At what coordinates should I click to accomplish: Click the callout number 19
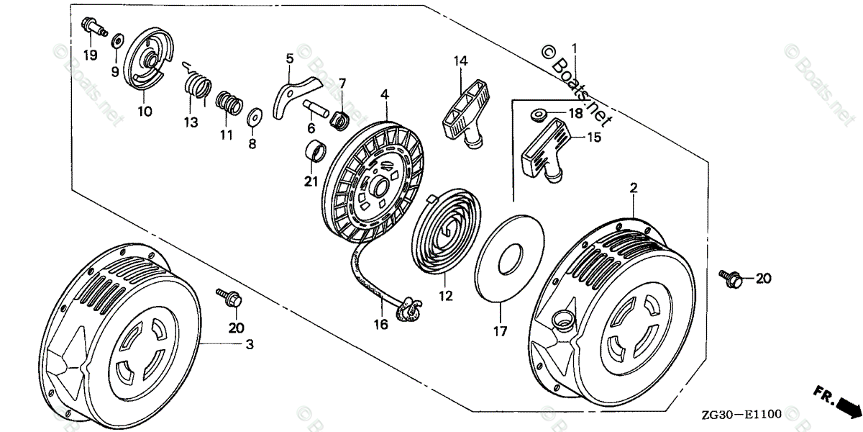(x=90, y=55)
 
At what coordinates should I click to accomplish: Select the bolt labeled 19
(x=92, y=27)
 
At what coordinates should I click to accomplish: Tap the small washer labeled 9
(x=117, y=37)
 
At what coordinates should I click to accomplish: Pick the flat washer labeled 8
(x=253, y=117)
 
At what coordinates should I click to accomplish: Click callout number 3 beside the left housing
(x=250, y=346)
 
